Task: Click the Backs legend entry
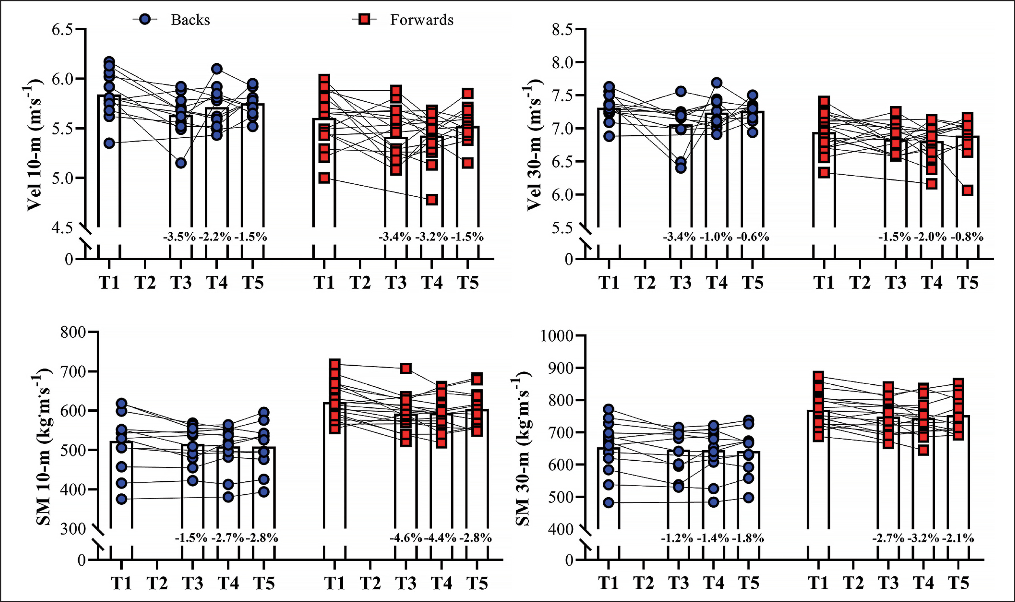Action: tap(190, 20)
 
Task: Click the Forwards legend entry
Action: tap(421, 20)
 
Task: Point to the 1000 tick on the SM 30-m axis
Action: tap(557, 336)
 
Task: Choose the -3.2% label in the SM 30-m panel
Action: tap(923, 538)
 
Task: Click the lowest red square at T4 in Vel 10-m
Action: tap(432, 200)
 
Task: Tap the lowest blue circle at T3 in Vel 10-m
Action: tap(181, 163)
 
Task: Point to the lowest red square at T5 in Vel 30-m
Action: tap(967, 190)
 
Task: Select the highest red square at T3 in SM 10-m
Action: tap(406, 368)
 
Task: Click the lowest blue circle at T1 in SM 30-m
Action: tap(608, 503)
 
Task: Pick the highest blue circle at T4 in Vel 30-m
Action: tap(716, 83)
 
